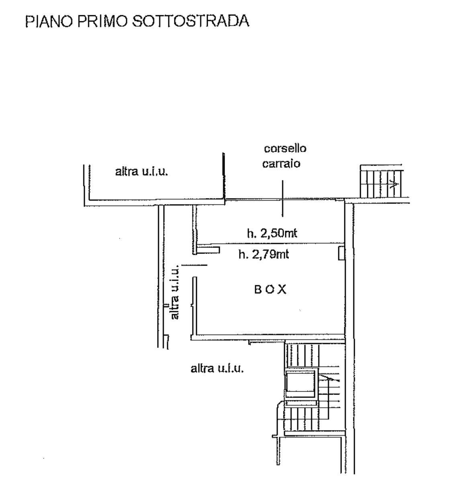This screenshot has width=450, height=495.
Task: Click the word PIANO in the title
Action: click(x=49, y=21)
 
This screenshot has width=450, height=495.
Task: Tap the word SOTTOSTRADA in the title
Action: click(x=190, y=21)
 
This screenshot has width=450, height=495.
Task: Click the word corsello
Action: click(x=285, y=149)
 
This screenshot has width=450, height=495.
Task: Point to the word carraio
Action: click(x=281, y=164)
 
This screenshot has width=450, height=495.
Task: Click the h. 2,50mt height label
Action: click(x=272, y=233)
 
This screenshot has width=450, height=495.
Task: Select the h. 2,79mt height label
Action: click(x=264, y=254)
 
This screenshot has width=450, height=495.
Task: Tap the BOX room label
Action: click(x=270, y=289)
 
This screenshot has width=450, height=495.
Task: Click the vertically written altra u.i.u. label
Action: click(x=175, y=292)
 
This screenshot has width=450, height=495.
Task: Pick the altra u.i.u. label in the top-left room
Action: click(x=142, y=172)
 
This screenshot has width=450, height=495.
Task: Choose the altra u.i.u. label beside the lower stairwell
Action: click(x=217, y=368)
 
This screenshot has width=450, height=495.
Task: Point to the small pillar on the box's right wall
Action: click(x=342, y=253)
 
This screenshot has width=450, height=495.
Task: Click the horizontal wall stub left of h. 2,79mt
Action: click(x=208, y=250)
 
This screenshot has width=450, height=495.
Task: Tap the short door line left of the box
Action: click(x=194, y=265)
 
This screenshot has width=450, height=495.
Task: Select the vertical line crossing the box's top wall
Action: click(x=282, y=198)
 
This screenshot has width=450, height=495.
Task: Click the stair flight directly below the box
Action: click(x=303, y=356)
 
